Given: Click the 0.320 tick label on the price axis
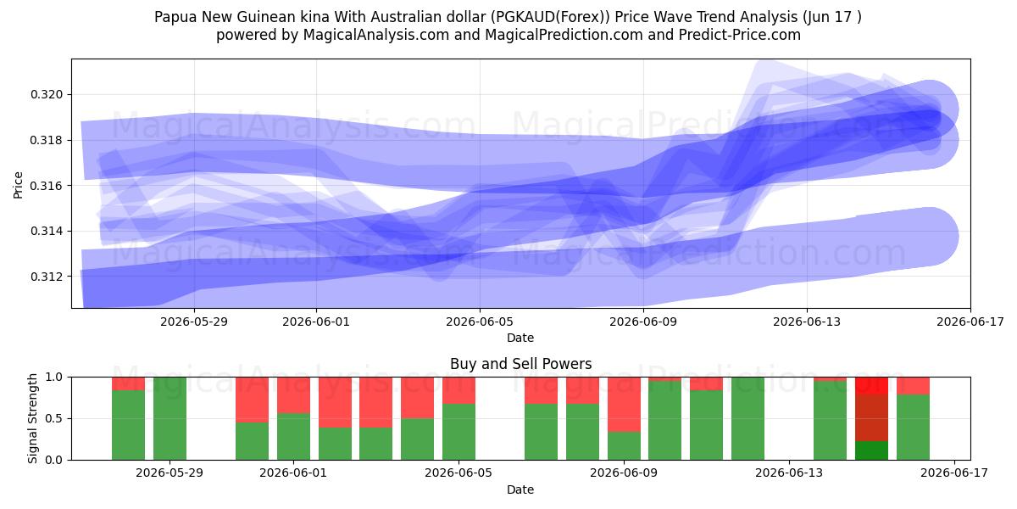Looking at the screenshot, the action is pos(46,94).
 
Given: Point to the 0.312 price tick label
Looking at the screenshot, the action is pos(46,277).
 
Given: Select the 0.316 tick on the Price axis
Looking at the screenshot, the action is pos(46,186).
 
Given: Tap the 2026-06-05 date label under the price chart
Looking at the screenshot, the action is pos(480,322).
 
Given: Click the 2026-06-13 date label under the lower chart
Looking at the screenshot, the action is pos(789,473).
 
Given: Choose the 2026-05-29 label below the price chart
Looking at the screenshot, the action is pos(194,322).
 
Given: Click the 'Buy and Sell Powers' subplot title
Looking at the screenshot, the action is pos(520,364).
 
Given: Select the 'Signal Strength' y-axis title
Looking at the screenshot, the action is pos(32,418).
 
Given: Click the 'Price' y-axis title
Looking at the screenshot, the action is pos(18,185).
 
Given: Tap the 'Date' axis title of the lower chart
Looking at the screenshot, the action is pos(520,489).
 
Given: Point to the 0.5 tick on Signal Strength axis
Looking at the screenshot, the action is pos(53,418).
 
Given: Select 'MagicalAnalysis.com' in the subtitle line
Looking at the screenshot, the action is pos(376,35).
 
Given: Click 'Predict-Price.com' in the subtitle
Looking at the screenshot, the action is pos(740,35).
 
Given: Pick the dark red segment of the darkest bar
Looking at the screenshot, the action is pos(871,417).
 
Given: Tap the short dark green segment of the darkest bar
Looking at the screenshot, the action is pos(871,450).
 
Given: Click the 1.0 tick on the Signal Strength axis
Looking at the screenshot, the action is pos(53,378).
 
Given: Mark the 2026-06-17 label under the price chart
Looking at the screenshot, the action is pos(970,322).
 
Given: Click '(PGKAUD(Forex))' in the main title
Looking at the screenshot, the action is pos(550,17).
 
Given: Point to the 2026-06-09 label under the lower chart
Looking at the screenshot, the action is pos(624,473).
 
